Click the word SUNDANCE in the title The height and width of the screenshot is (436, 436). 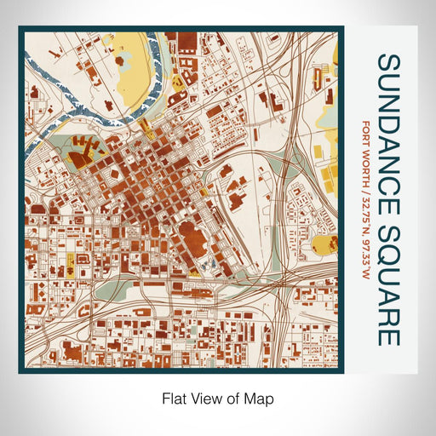387,118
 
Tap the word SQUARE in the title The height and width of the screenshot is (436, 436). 387,267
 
